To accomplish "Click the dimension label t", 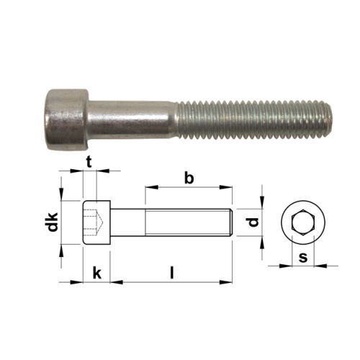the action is click(89, 162).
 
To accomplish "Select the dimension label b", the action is click(189, 178).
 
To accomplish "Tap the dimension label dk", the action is click(53, 222).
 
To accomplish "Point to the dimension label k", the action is click(97, 273).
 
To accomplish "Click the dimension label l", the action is click(172, 273).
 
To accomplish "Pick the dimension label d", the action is click(253, 222).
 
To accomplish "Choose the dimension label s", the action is click(303, 257).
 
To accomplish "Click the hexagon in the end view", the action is click(303, 222).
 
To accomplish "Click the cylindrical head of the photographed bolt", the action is click(67, 120).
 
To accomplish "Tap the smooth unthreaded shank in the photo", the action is click(132, 120).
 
